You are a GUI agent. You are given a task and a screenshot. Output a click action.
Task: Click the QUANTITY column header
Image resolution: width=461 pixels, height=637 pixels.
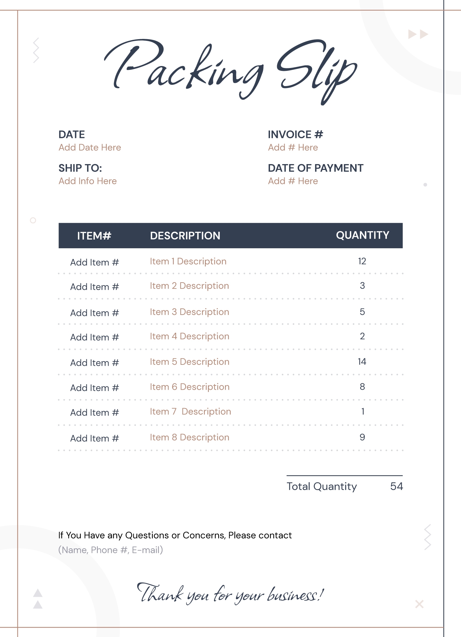point(362,235)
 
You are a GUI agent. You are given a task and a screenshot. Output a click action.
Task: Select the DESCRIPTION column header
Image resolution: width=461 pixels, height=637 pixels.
point(185,236)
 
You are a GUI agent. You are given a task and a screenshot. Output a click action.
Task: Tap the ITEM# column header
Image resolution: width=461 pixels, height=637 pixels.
point(94,236)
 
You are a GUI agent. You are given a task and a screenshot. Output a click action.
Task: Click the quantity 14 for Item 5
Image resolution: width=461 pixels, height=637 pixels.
point(362,362)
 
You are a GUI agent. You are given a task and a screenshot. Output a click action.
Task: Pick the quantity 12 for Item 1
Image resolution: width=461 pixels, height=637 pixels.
point(362,261)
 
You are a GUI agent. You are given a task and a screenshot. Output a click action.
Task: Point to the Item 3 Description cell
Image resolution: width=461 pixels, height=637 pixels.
point(189,312)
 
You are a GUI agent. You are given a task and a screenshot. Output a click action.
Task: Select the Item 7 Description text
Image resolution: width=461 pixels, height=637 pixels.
point(190,411)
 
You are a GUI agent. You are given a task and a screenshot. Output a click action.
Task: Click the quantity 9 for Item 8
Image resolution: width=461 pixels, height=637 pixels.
point(362,437)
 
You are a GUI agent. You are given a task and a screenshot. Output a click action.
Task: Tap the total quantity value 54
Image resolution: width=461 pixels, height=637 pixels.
point(396,486)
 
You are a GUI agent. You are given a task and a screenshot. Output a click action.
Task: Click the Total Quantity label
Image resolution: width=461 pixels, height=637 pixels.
point(321,486)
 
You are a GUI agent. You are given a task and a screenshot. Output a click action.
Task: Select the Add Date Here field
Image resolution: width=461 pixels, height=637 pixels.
point(90,148)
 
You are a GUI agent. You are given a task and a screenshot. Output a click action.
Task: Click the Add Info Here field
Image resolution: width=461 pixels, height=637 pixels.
point(87,181)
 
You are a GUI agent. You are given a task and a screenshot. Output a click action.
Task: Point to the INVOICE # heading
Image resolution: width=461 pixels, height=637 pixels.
point(295,135)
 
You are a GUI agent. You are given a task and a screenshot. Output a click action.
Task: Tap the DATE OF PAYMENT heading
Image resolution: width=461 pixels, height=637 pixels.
point(315,168)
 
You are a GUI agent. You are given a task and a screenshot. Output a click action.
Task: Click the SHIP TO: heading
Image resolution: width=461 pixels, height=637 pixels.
point(80,168)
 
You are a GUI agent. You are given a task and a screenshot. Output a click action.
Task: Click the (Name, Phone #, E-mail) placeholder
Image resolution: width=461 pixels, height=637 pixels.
point(110,550)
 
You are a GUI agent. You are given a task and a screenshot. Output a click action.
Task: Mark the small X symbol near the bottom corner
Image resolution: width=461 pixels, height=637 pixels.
point(419,604)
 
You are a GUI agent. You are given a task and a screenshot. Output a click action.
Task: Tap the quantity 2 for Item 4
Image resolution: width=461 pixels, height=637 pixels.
point(362,336)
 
